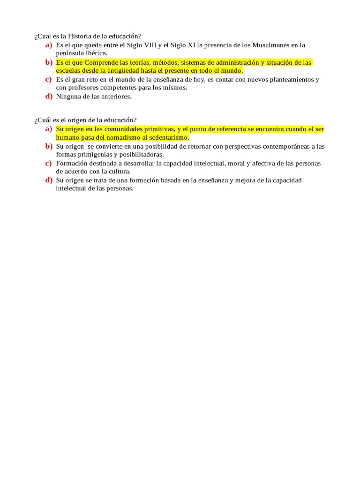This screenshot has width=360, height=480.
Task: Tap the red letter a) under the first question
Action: (48, 45)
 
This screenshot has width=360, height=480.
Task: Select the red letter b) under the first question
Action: (48, 62)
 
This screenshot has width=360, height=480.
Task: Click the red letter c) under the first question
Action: (48, 79)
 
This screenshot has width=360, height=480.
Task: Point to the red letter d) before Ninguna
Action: (48, 97)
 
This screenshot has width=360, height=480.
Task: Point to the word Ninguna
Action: (68, 97)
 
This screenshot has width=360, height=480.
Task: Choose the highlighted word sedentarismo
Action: (169, 138)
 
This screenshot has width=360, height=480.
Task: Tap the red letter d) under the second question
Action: (48, 180)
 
